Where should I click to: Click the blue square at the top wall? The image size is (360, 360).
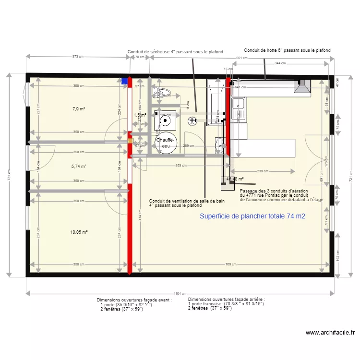pyautogui.click(x=125, y=81)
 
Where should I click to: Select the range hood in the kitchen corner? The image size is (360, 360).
pyautogui.click(x=302, y=86)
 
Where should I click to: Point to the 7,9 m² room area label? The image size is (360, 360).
pyautogui.click(x=79, y=109)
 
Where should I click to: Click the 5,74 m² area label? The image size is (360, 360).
pyautogui.click(x=79, y=167)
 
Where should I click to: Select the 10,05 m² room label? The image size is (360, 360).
pyautogui.click(x=79, y=232)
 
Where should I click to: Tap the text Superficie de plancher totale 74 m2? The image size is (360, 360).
pyautogui.click(x=252, y=216)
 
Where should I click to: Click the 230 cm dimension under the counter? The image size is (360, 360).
pyautogui.click(x=263, y=171)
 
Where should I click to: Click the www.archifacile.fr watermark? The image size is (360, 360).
pyautogui.click(x=330, y=332)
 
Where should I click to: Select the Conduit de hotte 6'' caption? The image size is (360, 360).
pyautogui.click(x=287, y=50)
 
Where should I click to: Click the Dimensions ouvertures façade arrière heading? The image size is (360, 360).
pyautogui.click(x=226, y=299)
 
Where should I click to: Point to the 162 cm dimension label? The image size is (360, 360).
pyautogui.click(x=338, y=258)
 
